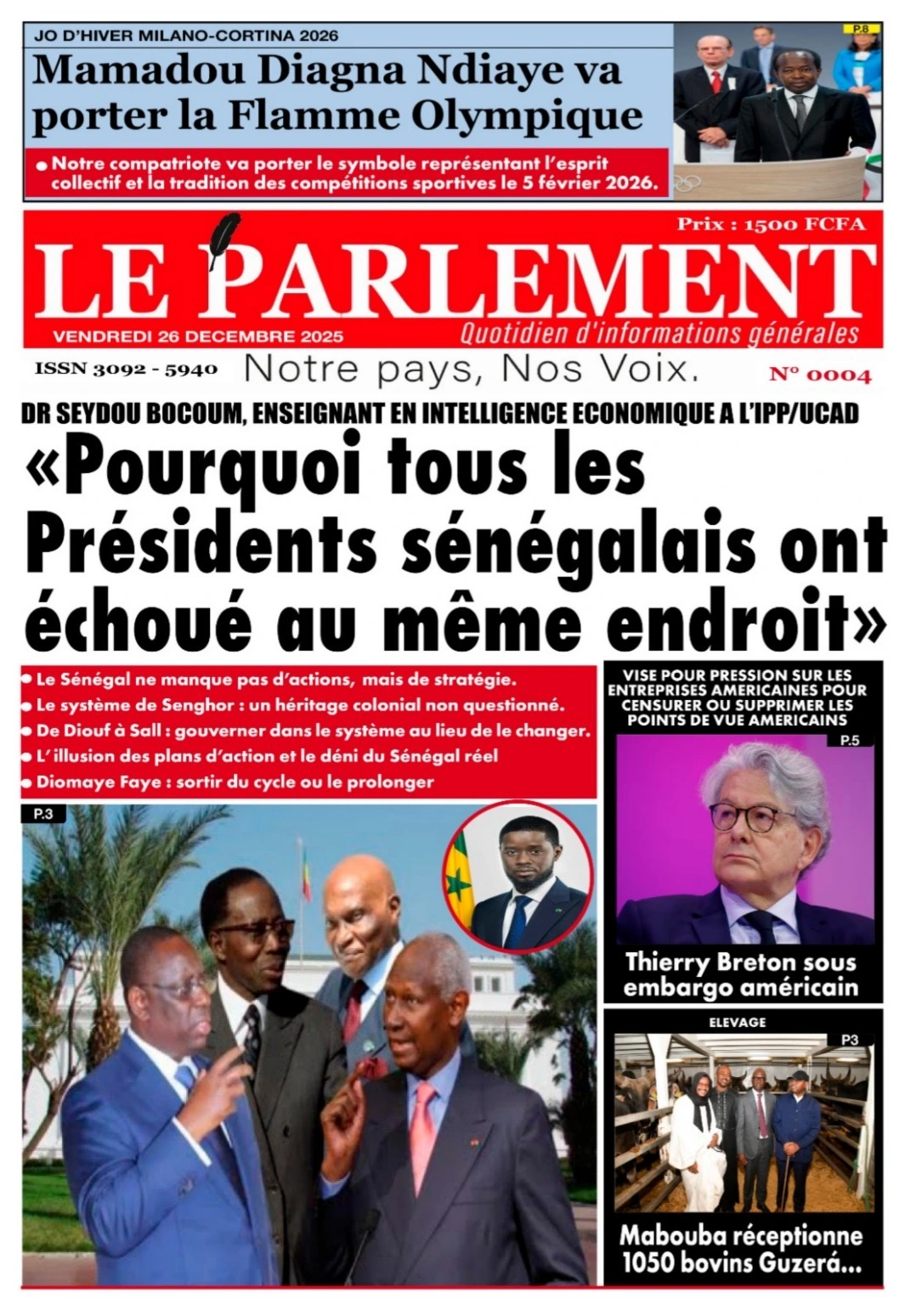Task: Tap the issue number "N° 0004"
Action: point(820,375)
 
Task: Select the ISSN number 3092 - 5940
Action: point(126,370)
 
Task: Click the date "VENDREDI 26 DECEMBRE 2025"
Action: point(198,336)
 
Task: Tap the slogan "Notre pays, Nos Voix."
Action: point(472,370)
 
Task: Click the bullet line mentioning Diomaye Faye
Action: point(235,782)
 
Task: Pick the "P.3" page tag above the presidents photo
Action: point(42,814)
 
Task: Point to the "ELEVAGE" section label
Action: point(737,1022)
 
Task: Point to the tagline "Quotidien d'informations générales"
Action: point(659,334)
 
